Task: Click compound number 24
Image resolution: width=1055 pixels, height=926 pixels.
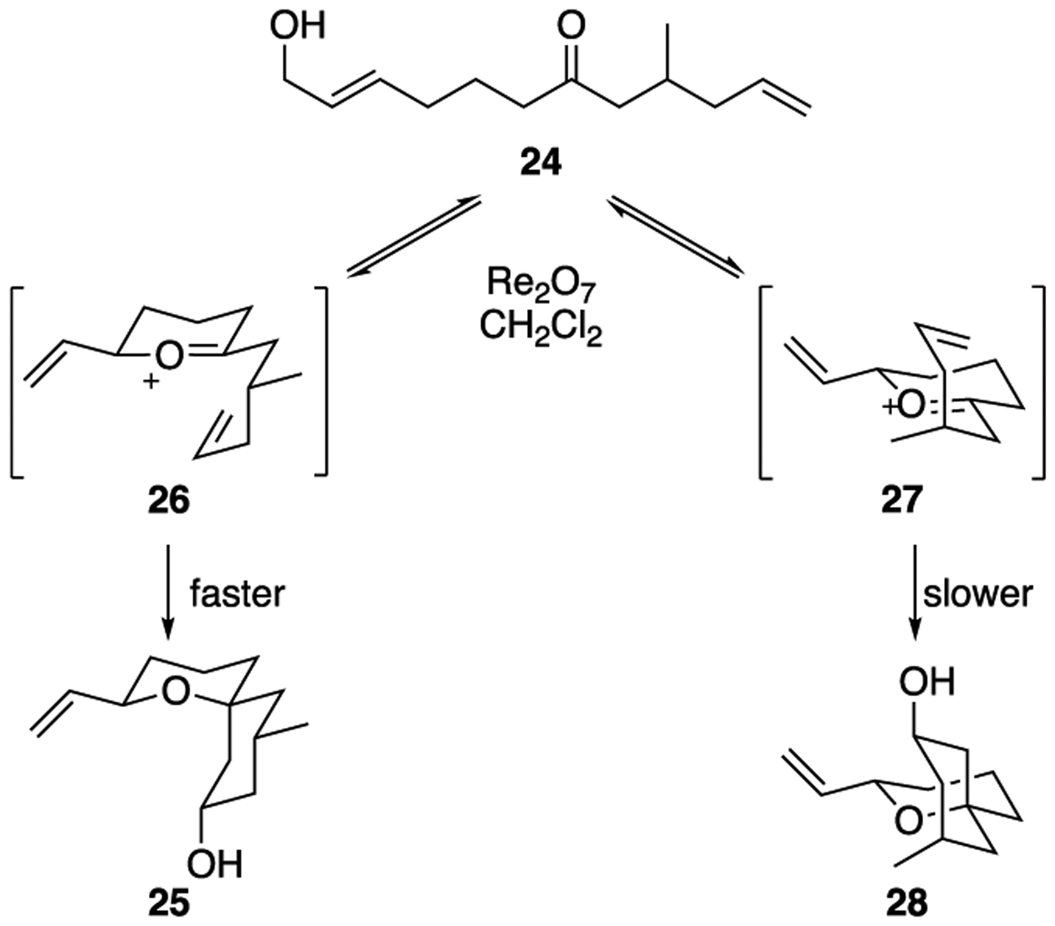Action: [x=541, y=163]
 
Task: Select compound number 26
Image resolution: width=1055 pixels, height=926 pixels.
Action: [x=169, y=501]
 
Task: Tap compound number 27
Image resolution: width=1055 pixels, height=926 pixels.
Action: [x=902, y=501]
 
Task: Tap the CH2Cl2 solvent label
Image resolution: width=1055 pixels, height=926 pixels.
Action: [x=541, y=328]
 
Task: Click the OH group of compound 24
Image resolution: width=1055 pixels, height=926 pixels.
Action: [x=297, y=26]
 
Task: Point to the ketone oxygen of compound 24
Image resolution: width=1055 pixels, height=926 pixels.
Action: [x=571, y=26]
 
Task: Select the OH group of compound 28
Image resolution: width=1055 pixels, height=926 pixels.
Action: [x=927, y=682]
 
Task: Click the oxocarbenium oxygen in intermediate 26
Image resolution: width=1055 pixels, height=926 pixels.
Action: [x=168, y=356]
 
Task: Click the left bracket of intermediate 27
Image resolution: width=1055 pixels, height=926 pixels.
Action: [x=764, y=382]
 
